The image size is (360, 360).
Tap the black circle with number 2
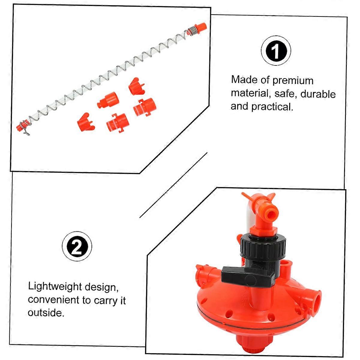[x=77, y=247]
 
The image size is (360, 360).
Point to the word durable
[x=318, y=94]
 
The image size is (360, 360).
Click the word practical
[x=272, y=107]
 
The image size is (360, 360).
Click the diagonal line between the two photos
[x=173, y=184]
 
